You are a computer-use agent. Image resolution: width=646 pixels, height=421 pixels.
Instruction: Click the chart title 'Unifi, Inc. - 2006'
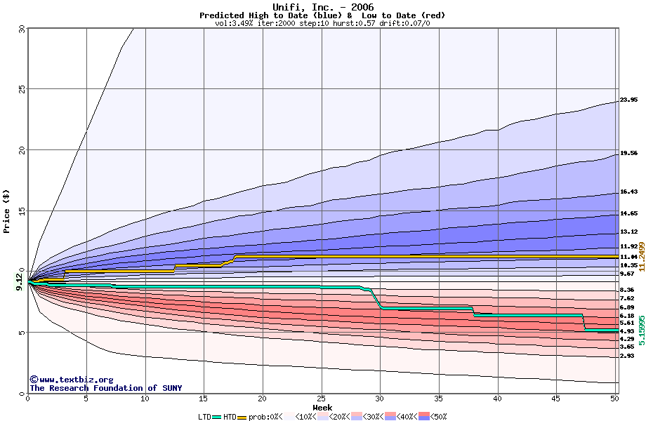(x=322, y=7)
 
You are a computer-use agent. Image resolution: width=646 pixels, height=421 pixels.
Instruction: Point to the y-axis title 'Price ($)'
(x=7, y=210)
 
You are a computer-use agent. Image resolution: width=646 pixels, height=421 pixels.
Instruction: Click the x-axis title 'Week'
(x=322, y=407)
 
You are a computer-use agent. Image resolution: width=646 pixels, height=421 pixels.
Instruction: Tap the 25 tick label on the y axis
(x=21, y=89)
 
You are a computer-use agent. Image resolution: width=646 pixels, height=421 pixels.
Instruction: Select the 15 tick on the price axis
(x=21, y=210)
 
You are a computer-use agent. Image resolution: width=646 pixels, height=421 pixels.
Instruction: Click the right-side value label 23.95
(x=628, y=100)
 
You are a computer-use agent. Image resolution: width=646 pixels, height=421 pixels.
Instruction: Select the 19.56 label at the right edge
(x=628, y=153)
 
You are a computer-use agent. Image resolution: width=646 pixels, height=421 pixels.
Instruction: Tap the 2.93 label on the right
(x=627, y=356)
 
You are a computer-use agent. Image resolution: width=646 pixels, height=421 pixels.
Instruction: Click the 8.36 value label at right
(x=627, y=290)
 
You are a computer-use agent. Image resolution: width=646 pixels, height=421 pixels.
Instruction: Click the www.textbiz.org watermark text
(x=71, y=379)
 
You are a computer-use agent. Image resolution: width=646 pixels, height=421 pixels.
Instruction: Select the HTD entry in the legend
(x=229, y=417)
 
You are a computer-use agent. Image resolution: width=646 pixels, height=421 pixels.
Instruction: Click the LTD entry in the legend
(x=204, y=417)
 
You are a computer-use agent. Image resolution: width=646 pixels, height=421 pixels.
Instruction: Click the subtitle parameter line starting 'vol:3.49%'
(x=322, y=23)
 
